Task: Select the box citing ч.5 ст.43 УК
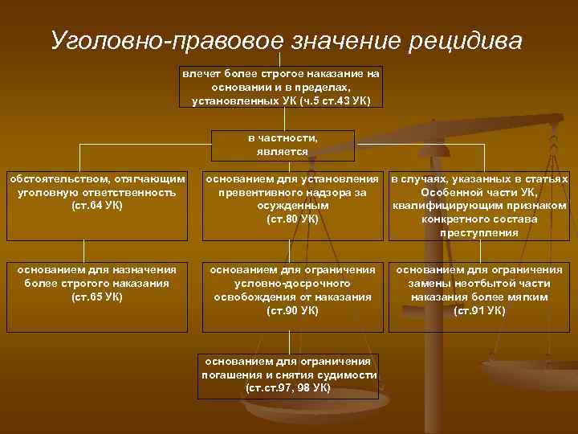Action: point(280,87)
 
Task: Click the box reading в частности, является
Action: point(282,145)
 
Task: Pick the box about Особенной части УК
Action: point(479,205)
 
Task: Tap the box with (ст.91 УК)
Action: point(479,296)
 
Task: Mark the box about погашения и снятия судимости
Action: point(288,375)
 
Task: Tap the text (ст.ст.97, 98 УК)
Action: point(288,388)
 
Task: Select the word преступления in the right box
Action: point(479,233)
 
